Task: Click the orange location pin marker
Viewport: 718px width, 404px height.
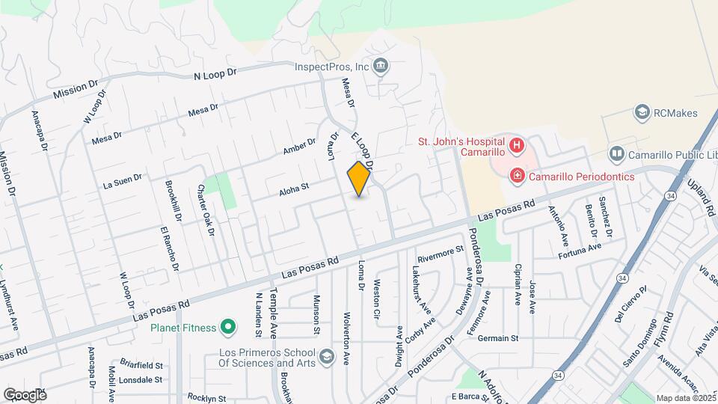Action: click(359, 179)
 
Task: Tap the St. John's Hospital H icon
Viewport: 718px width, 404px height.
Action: click(516, 144)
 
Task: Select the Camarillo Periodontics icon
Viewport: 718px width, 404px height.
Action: click(516, 177)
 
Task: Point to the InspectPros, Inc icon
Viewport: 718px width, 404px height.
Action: click(381, 66)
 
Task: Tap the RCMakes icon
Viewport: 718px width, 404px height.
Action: click(641, 113)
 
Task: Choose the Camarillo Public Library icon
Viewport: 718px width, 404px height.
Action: click(616, 154)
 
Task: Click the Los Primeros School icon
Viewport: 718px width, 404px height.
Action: click(326, 358)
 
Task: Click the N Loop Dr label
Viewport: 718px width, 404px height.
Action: click(215, 74)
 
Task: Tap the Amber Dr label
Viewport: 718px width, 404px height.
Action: click(299, 148)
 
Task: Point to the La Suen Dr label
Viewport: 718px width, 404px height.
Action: click(123, 181)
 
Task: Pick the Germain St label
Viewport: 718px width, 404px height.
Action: click(499, 338)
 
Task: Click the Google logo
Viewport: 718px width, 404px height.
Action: click(25, 394)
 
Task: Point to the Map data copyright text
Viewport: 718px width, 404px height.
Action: click(686, 398)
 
